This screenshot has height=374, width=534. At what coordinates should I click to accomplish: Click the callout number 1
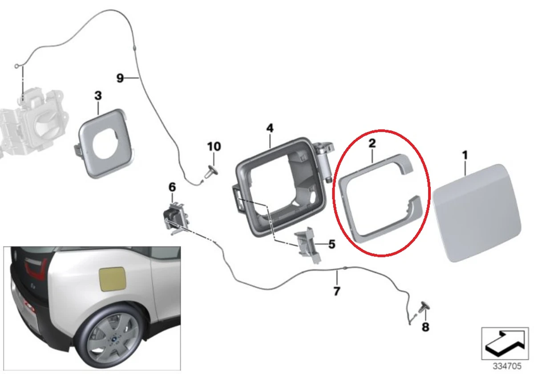pyautogui.click(x=465, y=156)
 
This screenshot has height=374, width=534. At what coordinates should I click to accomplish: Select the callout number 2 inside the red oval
pyautogui.click(x=372, y=143)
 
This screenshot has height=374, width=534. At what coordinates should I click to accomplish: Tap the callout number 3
pyautogui.click(x=98, y=95)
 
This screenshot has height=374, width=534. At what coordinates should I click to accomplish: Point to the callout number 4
pyautogui.click(x=270, y=128)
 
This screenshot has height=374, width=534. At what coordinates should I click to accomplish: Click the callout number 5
pyautogui.click(x=332, y=244)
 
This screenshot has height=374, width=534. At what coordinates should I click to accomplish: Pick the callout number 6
pyautogui.click(x=172, y=187)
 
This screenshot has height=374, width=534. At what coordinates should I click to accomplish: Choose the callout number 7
pyautogui.click(x=337, y=292)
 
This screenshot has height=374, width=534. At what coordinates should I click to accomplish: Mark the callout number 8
pyautogui.click(x=425, y=327)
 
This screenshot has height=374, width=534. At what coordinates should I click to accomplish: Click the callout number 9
pyautogui.click(x=120, y=78)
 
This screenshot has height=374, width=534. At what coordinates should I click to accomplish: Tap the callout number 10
pyautogui.click(x=214, y=146)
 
